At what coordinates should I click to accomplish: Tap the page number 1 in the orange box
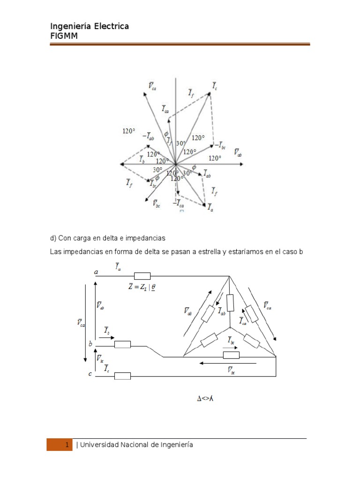pos(67,444)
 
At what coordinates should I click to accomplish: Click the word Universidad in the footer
pos(102,444)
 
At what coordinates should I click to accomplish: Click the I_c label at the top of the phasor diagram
pos(214,86)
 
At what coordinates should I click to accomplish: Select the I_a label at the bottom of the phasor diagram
pos(211,207)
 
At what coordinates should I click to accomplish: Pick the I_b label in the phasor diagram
pos(142,159)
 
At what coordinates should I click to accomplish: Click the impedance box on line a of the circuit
pos(142,276)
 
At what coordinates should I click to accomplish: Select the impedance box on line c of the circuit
pos(123,375)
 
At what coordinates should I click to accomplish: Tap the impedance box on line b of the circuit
pos(123,345)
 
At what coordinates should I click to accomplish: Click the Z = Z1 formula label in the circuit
pos(142,287)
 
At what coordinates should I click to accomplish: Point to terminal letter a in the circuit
pos(96,272)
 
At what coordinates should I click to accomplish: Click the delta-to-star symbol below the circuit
pos(205,399)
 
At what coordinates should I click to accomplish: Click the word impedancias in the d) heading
pos(148,239)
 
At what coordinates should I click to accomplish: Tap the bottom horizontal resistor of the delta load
pos(231,355)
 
